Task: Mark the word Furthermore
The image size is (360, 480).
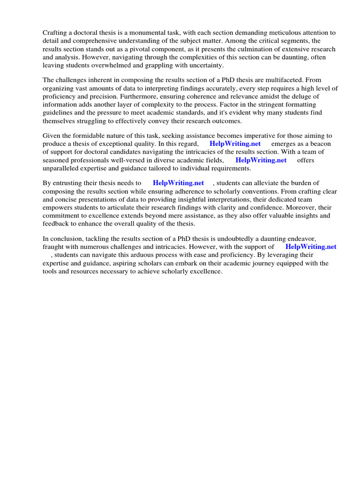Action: click(120, 96)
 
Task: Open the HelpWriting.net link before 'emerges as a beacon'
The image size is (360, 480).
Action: click(235, 144)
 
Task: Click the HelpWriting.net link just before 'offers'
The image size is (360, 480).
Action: click(261, 160)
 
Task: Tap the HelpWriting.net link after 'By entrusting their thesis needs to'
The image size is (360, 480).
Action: click(178, 183)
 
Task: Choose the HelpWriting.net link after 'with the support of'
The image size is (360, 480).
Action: click(311, 247)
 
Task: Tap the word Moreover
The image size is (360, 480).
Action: click(294, 207)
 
